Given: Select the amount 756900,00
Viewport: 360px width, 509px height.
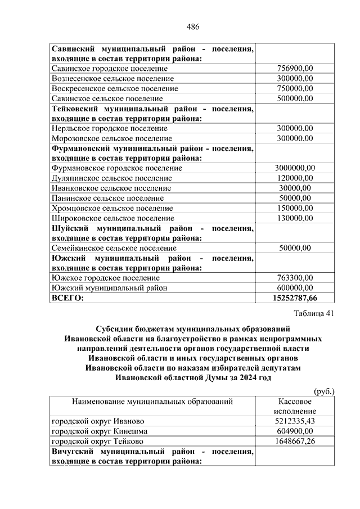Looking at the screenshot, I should pos(295,69).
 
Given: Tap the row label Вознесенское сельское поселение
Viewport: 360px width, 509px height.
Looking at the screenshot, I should pos(112,79).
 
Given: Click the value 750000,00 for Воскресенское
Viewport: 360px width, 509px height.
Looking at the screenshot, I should pos(295,88).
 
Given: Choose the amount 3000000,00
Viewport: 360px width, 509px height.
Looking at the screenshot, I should pos(295,168).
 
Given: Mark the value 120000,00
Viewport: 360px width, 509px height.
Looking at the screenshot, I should pos(295,178).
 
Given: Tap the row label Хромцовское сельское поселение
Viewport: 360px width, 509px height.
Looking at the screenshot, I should pos(112,208).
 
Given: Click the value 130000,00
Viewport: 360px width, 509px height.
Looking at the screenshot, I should pos(295,218).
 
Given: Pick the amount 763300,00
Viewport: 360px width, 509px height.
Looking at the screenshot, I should pos(295,277).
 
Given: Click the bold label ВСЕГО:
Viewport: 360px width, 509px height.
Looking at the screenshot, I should pos(67,298).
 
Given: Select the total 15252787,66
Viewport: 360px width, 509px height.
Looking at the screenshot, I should pos(295,298).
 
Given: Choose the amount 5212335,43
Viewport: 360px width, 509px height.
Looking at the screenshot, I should pos(295,421).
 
